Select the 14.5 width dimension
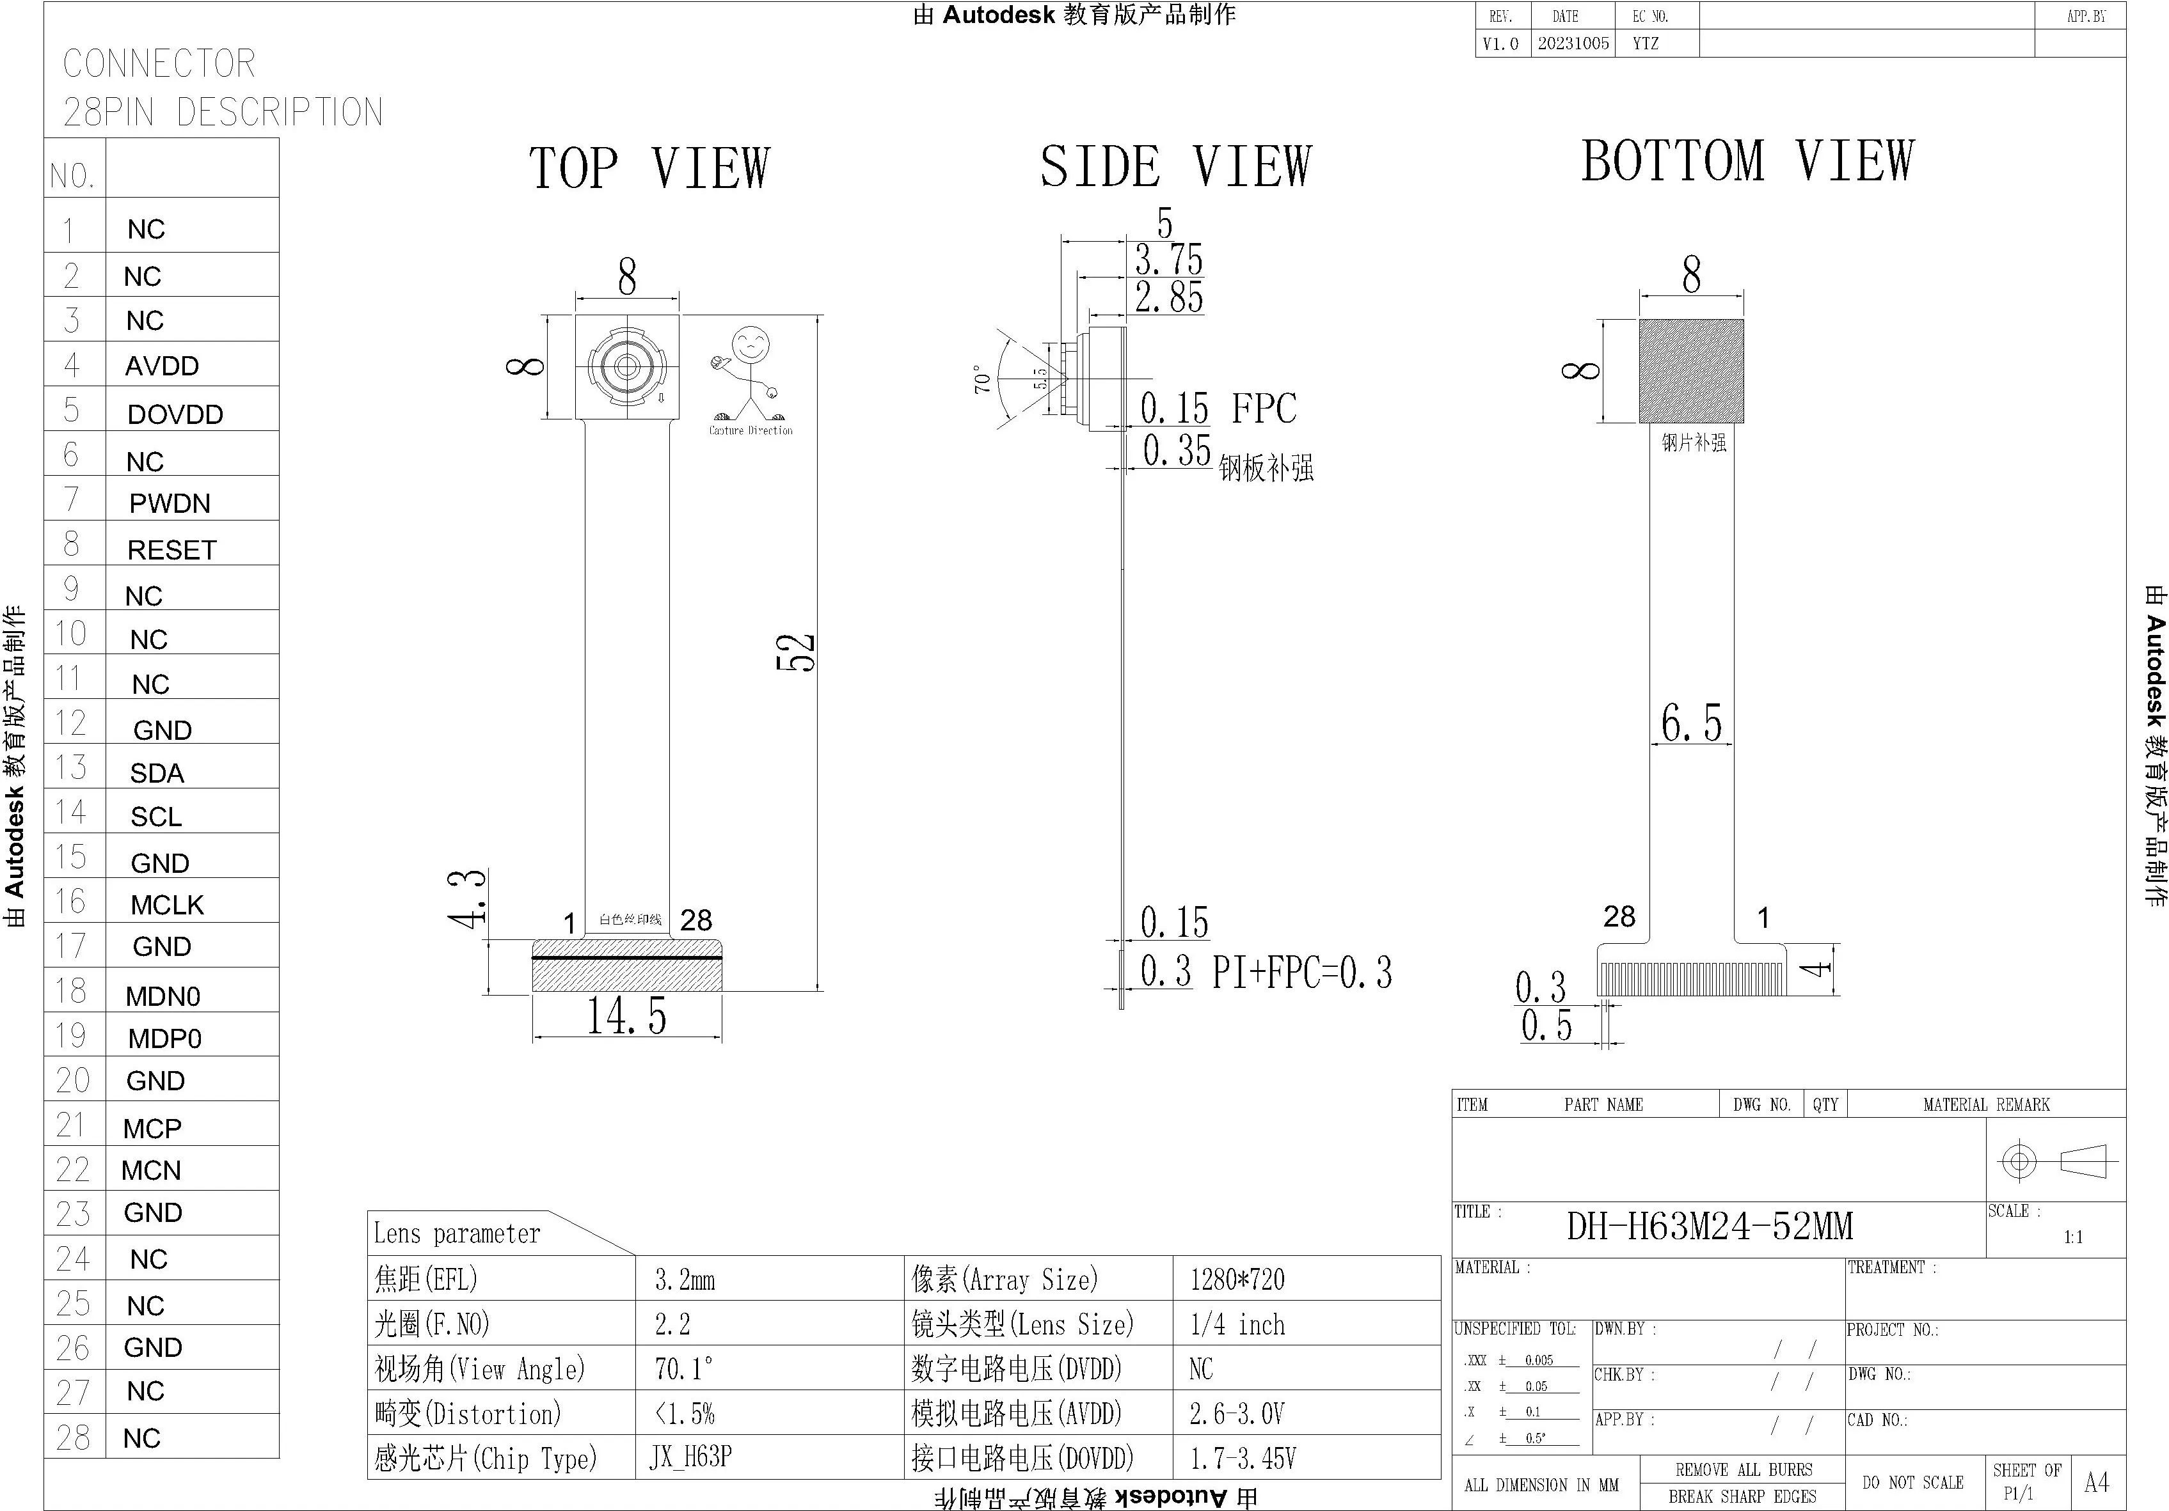[x=626, y=1016]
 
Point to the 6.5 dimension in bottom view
[x=1691, y=723]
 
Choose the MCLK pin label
[x=166, y=905]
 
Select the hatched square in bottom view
[x=1691, y=370]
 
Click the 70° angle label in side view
[x=983, y=380]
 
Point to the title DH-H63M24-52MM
[x=1709, y=1226]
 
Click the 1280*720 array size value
[x=1237, y=1280]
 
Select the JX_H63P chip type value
[x=690, y=1457]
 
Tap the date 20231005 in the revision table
[x=1573, y=43]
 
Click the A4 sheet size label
[x=2095, y=1483]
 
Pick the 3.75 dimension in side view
[x=1168, y=260]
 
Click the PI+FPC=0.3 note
[x=1302, y=972]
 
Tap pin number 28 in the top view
[x=695, y=920]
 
